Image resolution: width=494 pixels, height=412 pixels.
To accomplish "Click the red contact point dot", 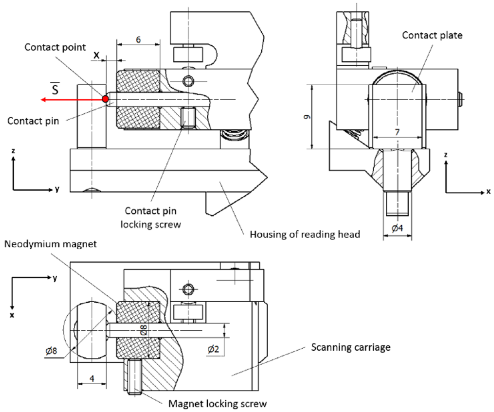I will [105, 99].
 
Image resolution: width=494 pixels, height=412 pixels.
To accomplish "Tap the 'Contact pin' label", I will [33, 121].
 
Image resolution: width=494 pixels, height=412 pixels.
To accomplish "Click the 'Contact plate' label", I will [432, 35].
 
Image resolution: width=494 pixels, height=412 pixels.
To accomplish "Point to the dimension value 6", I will [138, 40].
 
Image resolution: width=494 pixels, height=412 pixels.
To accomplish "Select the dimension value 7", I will [397, 132].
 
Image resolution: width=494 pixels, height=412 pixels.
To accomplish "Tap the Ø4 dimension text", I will [397, 228].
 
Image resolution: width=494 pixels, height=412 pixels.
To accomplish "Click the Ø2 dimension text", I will [213, 349].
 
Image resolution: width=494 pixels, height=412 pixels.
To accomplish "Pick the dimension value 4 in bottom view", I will [92, 379].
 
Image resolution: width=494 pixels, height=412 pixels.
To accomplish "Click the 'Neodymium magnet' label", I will [51, 244].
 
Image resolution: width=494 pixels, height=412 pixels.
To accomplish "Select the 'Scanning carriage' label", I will [351, 347].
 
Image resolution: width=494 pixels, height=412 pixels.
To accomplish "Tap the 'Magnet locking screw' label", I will [217, 404].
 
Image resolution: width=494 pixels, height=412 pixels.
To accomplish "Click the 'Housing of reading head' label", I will [305, 234].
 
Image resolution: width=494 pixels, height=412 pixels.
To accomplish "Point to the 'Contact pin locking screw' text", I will [151, 218].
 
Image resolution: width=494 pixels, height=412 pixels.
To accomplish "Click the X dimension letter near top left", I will [96, 55].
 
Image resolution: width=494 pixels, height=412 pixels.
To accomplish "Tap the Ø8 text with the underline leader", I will [52, 351].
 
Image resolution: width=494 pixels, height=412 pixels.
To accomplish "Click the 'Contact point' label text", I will [55, 47].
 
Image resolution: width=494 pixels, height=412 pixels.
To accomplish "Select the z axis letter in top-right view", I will [445, 155].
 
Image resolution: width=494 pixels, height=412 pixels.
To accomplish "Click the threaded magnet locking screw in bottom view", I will [134, 377].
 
